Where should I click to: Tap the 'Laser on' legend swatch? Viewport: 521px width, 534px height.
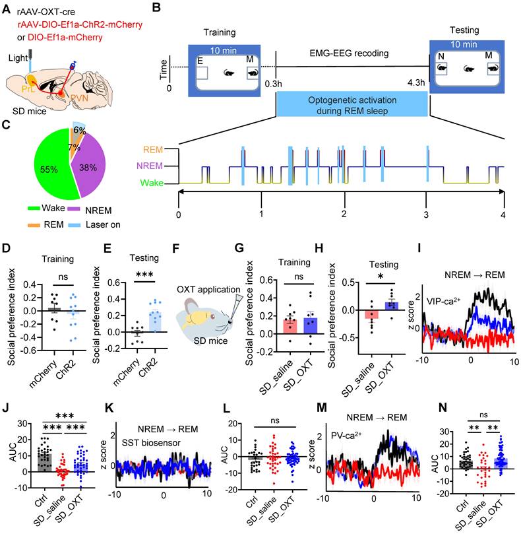[x=75, y=225]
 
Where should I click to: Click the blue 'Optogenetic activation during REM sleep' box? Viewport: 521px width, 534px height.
[x=352, y=105]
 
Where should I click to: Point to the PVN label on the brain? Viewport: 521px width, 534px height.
[x=79, y=98]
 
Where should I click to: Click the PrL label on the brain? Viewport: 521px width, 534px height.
[x=28, y=89]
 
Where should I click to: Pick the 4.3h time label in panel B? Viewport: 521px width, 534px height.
[x=416, y=83]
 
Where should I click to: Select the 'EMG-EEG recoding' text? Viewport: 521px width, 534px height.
[x=349, y=53]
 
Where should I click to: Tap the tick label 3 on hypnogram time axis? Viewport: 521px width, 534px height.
[x=426, y=215]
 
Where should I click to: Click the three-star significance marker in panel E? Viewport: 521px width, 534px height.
[x=144, y=275]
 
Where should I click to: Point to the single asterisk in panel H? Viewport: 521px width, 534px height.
[x=381, y=276]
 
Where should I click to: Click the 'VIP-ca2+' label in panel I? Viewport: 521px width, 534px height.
[x=443, y=301]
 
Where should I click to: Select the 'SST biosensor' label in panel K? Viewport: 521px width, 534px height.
[x=151, y=443]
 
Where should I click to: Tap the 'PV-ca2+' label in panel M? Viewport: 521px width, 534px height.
[x=346, y=436]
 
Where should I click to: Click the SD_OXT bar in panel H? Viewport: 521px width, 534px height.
[x=392, y=306]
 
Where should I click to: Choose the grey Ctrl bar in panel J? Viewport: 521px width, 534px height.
[x=45, y=463]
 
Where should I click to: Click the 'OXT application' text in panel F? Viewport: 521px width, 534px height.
[x=208, y=290]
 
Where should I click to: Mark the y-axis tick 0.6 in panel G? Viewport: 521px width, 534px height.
[x=266, y=280]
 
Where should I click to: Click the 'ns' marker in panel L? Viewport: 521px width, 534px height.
[x=274, y=420]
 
